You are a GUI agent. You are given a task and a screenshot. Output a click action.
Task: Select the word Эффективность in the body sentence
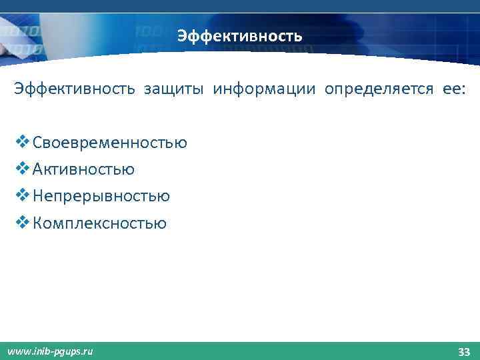click(x=74, y=89)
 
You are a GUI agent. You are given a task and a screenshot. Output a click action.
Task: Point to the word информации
click(x=265, y=89)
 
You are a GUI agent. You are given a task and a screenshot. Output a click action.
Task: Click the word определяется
click(x=379, y=89)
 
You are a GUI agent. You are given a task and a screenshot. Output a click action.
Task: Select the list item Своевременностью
click(x=109, y=143)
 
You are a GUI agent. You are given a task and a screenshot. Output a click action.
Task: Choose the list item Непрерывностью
click(x=101, y=196)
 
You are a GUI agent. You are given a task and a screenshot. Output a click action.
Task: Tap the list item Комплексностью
click(x=99, y=223)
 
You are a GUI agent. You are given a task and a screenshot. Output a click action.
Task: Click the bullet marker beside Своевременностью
click(x=22, y=142)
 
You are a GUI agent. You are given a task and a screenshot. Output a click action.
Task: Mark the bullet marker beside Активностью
click(x=22, y=169)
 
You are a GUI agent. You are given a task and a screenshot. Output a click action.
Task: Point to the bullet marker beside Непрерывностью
click(x=22, y=195)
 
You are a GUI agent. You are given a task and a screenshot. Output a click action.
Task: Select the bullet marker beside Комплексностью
click(x=22, y=222)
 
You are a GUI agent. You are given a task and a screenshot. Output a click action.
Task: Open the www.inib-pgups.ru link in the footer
click(x=50, y=351)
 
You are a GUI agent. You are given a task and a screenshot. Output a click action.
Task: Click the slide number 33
click(x=464, y=351)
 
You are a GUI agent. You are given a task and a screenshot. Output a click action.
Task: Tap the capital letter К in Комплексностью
click(x=37, y=223)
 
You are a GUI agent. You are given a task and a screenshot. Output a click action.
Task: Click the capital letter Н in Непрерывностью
click(x=38, y=196)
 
